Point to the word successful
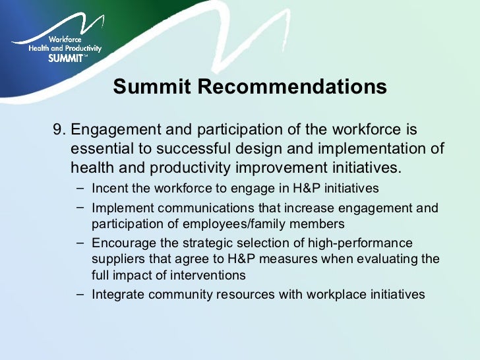click(197, 148)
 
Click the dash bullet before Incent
click(80, 189)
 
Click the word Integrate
click(118, 295)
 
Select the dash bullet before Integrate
click(80, 295)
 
